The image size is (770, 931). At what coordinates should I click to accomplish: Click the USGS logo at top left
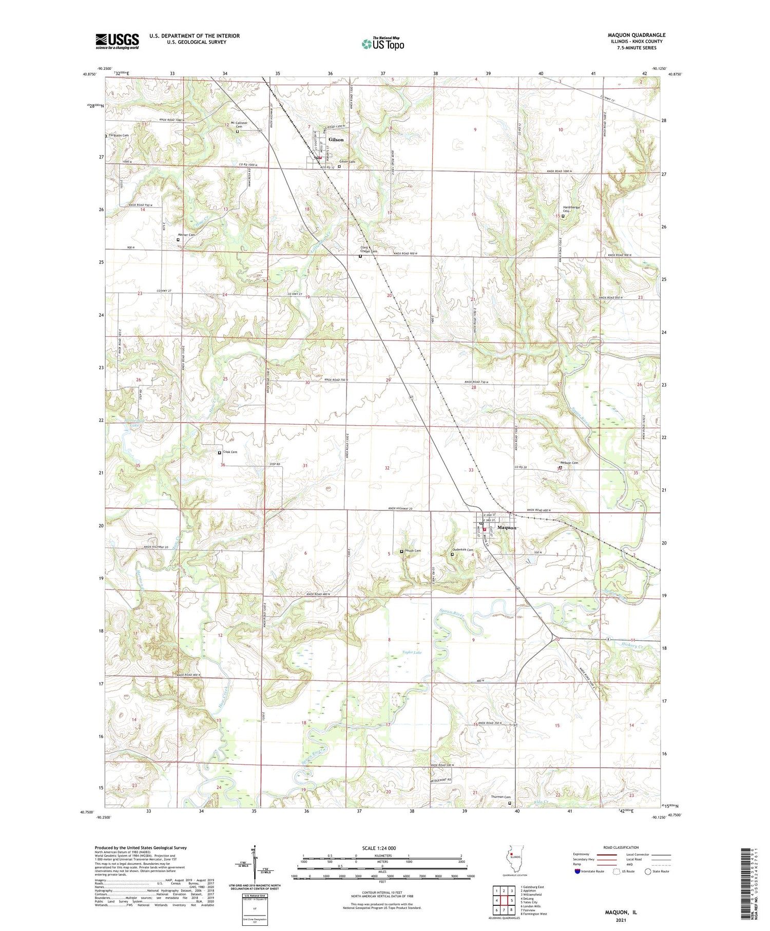click(x=117, y=41)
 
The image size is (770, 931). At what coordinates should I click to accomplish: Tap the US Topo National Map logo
click(x=382, y=44)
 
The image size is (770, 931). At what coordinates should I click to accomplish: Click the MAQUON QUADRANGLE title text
click(x=636, y=35)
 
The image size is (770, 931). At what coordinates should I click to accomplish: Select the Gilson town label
click(x=336, y=140)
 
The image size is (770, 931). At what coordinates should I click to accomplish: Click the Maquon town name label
click(x=507, y=527)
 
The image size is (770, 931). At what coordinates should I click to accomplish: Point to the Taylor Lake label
click(x=411, y=652)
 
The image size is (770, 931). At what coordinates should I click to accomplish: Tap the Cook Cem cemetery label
click(x=230, y=452)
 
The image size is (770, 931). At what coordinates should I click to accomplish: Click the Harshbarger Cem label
click(x=571, y=210)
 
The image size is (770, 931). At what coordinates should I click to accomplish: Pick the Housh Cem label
click(x=413, y=551)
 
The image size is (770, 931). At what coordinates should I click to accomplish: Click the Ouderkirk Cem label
click(x=464, y=549)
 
